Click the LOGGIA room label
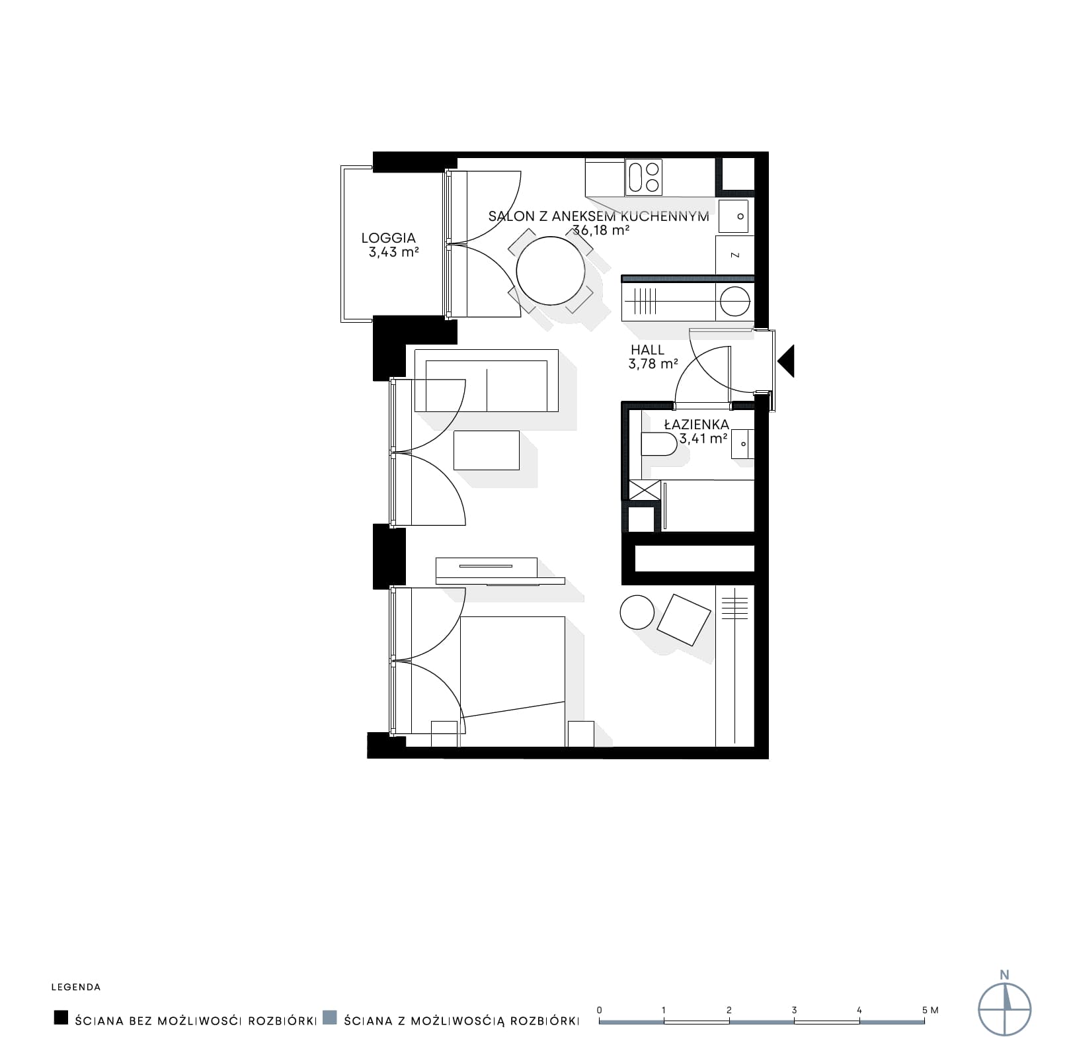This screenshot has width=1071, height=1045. point(388,238)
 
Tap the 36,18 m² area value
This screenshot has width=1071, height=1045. point(600,230)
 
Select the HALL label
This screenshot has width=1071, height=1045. point(647,350)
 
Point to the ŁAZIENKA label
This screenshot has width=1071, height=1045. point(696,425)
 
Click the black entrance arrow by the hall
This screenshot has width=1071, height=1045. point(786,361)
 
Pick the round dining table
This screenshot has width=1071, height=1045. point(550,271)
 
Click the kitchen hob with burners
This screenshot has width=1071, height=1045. point(644,177)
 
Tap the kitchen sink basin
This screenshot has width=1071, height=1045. point(734,216)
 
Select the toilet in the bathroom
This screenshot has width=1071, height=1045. point(658,444)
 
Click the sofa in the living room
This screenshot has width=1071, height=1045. point(486,380)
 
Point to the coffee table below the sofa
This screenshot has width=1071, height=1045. point(487,450)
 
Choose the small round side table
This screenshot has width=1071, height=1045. point(637,612)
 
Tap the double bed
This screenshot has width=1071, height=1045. point(512,675)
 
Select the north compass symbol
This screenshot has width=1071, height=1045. point(1004,1008)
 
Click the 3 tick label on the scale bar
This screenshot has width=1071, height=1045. point(794,1010)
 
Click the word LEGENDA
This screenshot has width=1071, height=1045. point(76,987)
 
